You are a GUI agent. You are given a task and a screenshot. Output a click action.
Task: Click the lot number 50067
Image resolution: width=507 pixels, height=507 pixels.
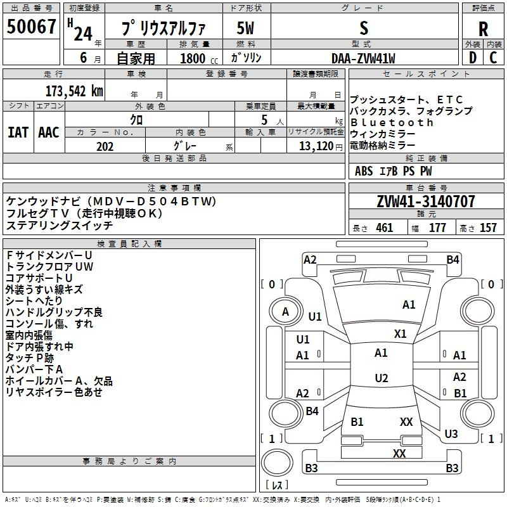click(31, 28)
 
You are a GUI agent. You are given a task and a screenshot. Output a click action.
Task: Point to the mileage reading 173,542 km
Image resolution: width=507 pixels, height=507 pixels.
click(74, 91)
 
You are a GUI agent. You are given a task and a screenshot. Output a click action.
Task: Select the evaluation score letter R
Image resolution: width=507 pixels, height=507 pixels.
click(483, 29)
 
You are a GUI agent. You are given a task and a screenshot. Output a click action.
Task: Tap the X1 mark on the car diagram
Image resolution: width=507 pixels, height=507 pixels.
click(400, 333)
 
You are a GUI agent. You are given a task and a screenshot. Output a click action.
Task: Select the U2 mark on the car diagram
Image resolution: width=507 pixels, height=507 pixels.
click(381, 378)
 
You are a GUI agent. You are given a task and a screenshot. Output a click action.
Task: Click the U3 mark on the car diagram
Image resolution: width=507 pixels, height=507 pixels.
click(451, 434)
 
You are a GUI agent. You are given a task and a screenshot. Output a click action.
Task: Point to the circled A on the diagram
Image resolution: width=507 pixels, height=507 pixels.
click(285, 312)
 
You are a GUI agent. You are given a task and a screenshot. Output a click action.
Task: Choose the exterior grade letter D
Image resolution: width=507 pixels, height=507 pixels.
click(472, 58)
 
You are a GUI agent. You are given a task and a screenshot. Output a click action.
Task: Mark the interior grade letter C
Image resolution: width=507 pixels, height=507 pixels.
click(493, 58)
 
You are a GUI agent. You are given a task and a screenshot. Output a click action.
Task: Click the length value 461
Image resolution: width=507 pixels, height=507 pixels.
click(384, 228)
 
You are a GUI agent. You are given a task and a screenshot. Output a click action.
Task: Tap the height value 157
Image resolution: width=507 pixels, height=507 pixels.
click(488, 228)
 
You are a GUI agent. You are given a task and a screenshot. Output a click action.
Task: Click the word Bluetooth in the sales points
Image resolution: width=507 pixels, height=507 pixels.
click(392, 122)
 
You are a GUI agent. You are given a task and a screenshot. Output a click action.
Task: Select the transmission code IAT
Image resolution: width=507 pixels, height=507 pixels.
click(18, 132)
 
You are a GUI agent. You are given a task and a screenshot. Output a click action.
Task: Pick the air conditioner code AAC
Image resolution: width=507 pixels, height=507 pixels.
click(49, 132)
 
